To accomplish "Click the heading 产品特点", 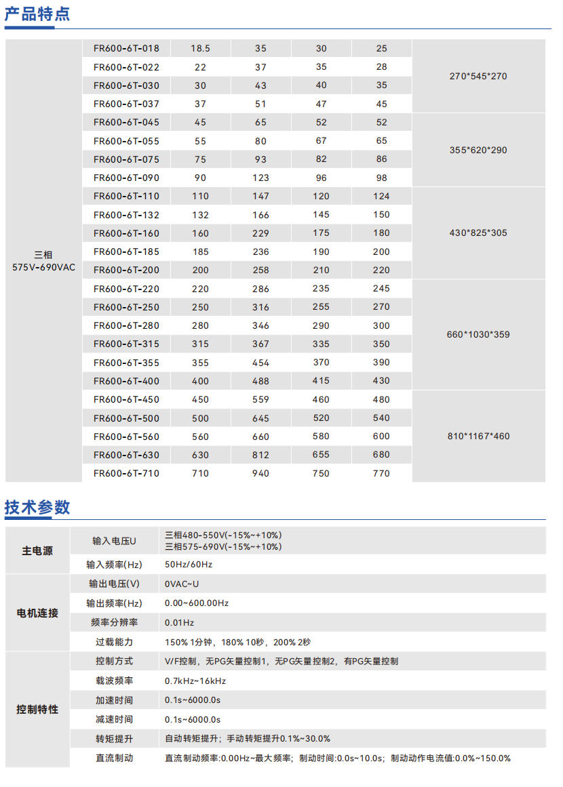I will (37, 14).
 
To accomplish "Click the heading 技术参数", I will (37, 507).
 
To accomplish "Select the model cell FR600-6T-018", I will (126, 49).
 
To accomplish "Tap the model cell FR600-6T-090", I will (126, 178).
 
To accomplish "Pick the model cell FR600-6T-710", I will (126, 473).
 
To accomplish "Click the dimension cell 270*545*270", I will (478, 76).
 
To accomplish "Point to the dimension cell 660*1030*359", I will (478, 334).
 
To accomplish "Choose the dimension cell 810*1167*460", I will (478, 436).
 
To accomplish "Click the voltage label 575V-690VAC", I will (44, 267).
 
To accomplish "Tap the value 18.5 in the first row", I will (200, 49).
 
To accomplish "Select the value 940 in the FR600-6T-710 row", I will (260, 473).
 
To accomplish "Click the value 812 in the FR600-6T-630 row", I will (260, 455).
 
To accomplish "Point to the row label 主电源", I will (37, 551).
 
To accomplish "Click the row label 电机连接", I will (37, 613).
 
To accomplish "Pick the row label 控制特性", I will (37, 710).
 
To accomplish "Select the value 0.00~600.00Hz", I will (197, 603).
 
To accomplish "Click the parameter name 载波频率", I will (114, 681).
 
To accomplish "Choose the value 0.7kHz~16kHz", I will (195, 681).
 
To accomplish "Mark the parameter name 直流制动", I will (114, 758).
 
